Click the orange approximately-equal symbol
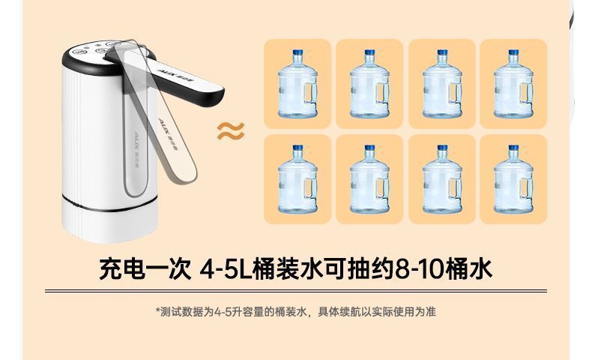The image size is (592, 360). (231, 131)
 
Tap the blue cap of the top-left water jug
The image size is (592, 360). (298, 52)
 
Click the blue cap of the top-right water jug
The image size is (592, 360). (513, 52)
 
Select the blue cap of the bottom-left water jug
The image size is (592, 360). (298, 148)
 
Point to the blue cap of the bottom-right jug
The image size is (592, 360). (513, 148)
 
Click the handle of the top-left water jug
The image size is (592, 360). (312, 92)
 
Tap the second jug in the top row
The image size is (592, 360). (369, 83)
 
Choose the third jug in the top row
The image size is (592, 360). (442, 83)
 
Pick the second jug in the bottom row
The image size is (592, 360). (369, 178)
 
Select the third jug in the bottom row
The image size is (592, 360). (442, 178)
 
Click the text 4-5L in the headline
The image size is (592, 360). (226, 269)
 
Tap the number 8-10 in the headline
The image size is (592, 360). (420, 269)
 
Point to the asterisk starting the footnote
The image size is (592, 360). (158, 310)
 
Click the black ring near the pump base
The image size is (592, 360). (110, 203)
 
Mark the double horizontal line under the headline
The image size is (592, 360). (296, 291)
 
